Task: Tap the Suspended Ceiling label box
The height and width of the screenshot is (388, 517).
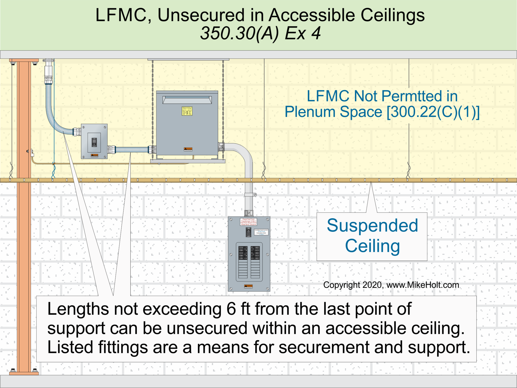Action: click(372, 236)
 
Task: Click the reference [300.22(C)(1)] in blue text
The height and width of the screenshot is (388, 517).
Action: click(433, 112)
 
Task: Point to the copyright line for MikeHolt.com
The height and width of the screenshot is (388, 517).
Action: click(391, 285)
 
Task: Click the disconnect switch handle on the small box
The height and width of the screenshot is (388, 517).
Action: click(94, 142)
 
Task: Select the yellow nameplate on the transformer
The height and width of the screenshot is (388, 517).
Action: click(187, 111)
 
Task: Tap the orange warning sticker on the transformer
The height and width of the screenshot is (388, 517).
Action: click(188, 149)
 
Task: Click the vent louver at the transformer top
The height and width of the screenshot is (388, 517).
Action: click(187, 100)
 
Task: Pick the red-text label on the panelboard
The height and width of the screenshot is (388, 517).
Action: click(248, 221)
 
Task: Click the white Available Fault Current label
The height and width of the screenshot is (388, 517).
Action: click(261, 232)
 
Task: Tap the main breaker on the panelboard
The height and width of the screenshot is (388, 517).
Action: click(249, 232)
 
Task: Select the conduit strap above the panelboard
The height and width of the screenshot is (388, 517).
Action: click(250, 195)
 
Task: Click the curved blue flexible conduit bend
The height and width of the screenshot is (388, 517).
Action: click(54, 119)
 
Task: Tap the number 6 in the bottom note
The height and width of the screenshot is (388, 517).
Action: click(231, 309)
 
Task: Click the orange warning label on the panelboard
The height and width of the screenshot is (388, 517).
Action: click(248, 286)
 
